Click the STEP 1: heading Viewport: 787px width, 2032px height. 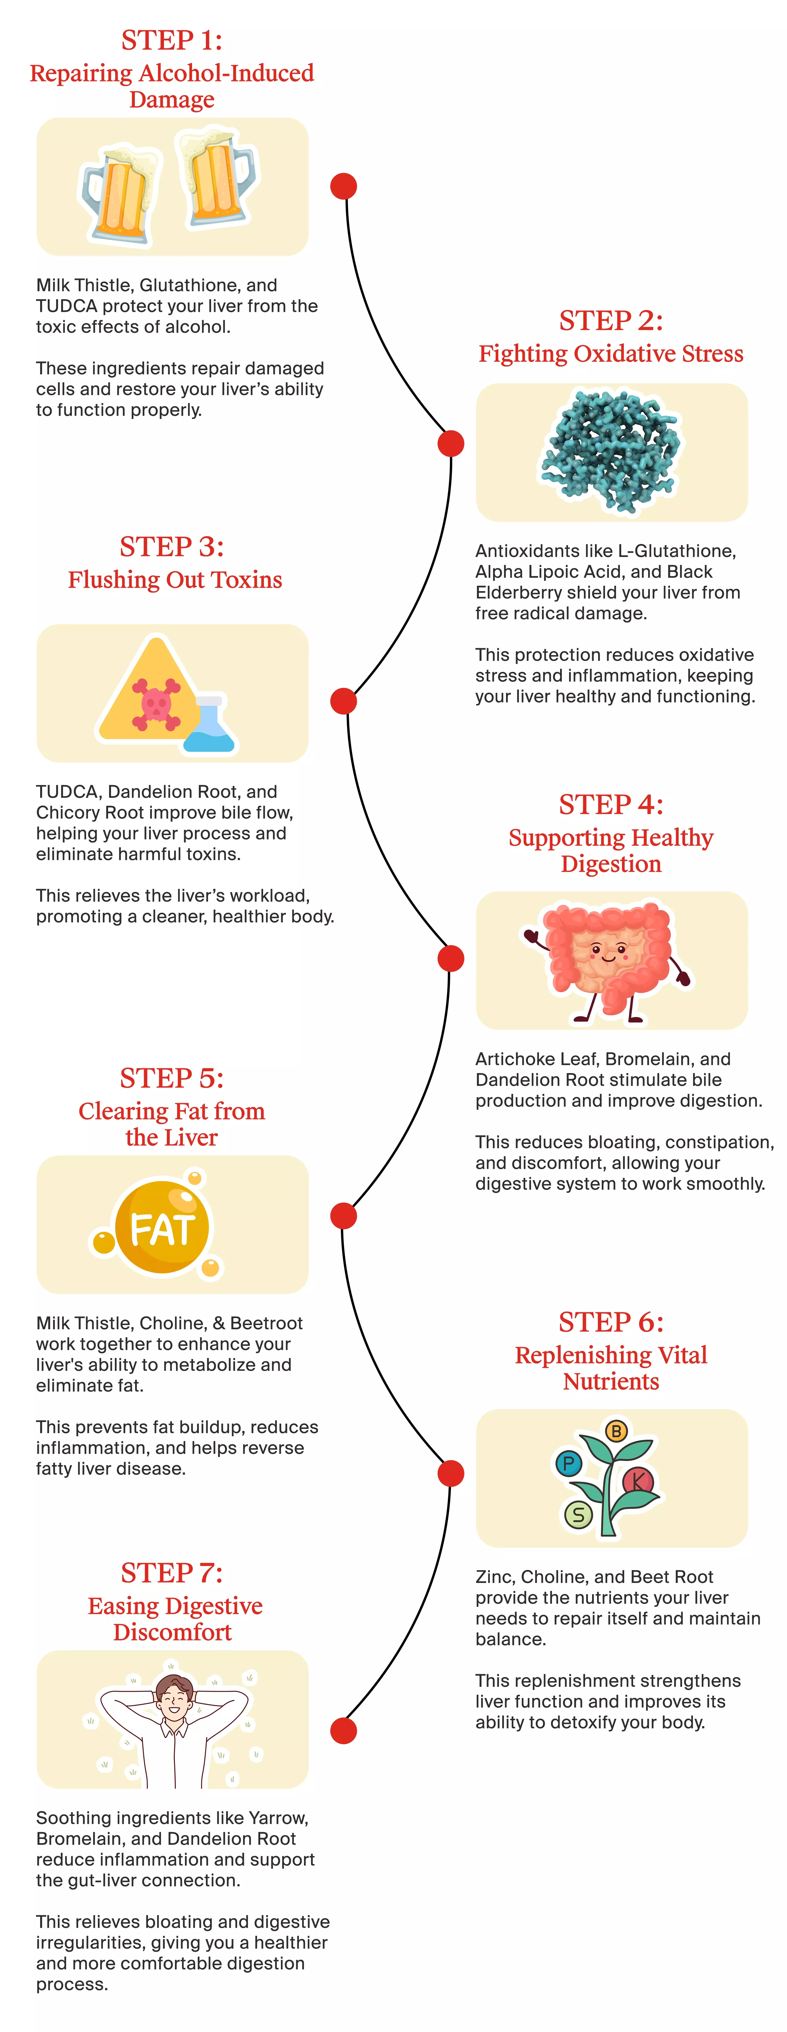[x=172, y=40]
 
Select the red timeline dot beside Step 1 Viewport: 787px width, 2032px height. [x=343, y=186]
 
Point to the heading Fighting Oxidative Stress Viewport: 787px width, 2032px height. [x=611, y=353]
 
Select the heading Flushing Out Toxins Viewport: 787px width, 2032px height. [x=175, y=580]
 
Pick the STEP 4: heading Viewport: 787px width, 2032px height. [x=611, y=805]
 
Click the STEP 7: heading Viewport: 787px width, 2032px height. [x=172, y=1573]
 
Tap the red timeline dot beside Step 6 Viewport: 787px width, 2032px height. [x=450, y=1473]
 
